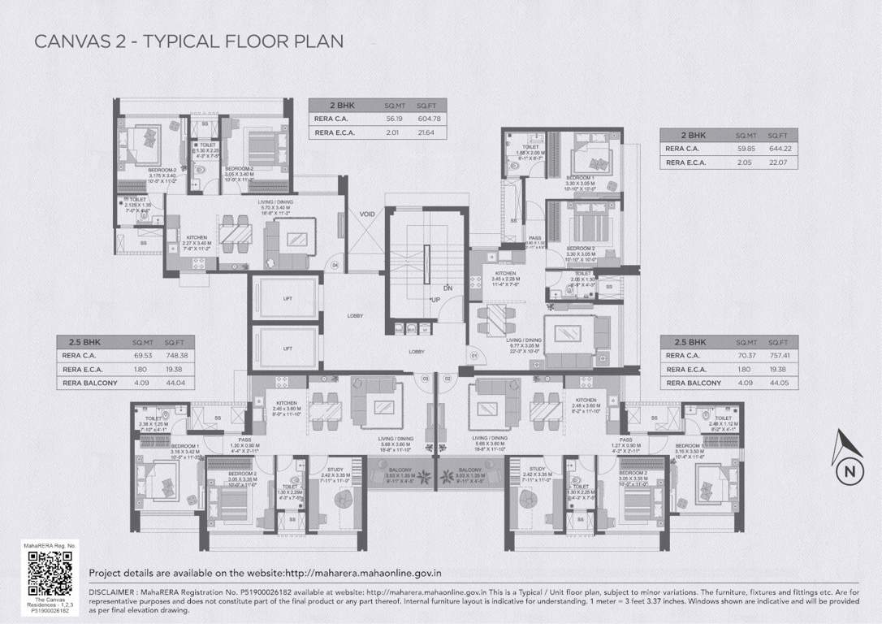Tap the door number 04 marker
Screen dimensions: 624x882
tap(334, 265)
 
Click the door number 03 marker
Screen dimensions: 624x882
tap(424, 379)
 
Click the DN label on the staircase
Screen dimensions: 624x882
tap(447, 288)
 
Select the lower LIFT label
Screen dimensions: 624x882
tap(287, 347)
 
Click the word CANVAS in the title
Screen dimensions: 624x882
tap(67, 41)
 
